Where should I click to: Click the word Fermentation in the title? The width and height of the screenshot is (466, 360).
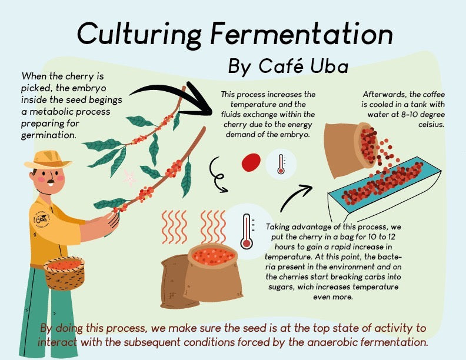pos(302,34)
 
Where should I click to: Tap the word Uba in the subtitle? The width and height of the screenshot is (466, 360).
pos(329,66)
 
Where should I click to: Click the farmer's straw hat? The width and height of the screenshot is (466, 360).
pos(48,159)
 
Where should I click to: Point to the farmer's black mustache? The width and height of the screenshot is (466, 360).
pos(51,181)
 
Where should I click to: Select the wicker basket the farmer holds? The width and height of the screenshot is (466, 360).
pos(65,273)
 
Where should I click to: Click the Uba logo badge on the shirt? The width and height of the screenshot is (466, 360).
pos(42,220)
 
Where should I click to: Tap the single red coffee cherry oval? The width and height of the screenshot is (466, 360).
pos(251,162)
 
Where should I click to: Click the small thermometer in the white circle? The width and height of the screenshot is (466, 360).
pos(281,164)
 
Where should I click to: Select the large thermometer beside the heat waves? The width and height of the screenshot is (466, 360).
pos(247,231)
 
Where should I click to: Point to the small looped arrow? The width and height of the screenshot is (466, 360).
pos(217,175)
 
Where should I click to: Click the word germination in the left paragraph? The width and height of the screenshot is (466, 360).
pos(49,135)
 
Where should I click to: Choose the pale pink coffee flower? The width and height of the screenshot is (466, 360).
pos(129,178)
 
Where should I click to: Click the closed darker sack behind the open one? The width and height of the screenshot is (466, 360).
pos(176,282)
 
